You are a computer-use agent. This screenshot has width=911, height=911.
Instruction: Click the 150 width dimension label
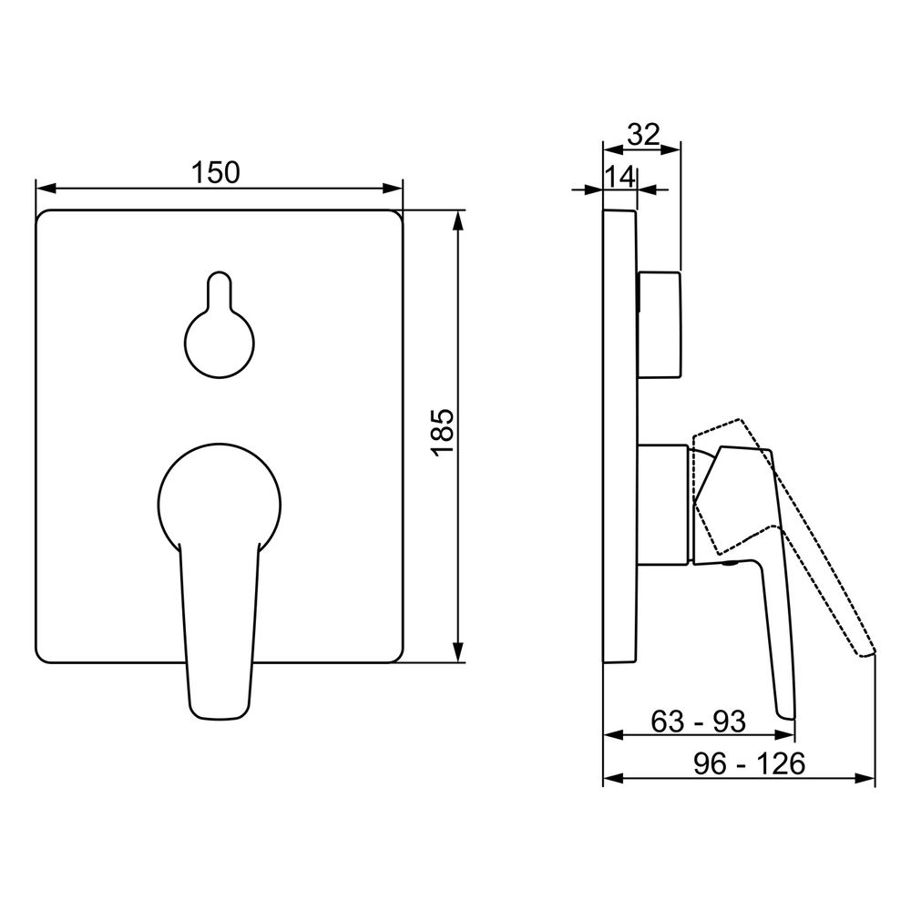(x=216, y=172)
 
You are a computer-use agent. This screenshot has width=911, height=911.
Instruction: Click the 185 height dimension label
(x=443, y=433)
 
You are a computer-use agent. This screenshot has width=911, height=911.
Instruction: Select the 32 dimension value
(x=644, y=135)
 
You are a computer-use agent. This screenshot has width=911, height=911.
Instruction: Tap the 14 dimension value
(x=619, y=177)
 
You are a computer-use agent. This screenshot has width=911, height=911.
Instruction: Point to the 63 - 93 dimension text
(x=698, y=722)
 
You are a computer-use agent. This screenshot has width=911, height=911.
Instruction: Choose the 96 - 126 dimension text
(x=750, y=763)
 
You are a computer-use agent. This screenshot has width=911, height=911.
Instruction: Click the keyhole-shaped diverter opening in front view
(x=220, y=325)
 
